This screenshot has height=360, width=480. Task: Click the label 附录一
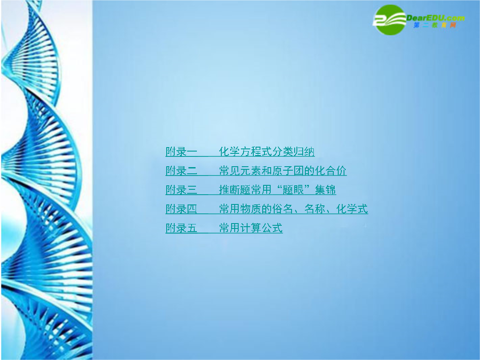[181, 152]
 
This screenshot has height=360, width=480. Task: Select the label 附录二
[181, 171]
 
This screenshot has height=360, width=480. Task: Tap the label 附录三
[181, 190]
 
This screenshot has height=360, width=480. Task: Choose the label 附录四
[181, 209]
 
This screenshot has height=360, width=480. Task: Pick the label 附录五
[181, 228]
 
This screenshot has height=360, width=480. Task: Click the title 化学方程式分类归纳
[267, 152]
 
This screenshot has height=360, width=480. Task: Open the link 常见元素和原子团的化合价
[283, 171]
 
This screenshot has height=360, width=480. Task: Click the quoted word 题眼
[293, 190]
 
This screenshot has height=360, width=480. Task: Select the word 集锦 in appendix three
[325, 190]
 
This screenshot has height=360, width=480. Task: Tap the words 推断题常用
[245, 190]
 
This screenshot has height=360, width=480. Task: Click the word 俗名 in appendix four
[283, 209]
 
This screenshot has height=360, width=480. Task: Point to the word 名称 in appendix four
[315, 209]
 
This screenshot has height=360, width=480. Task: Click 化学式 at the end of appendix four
[352, 209]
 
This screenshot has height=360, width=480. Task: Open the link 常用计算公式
[251, 228]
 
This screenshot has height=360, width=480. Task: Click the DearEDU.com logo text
[435, 18]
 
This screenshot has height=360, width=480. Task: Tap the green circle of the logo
[389, 20]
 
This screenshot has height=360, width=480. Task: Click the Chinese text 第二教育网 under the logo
[435, 25]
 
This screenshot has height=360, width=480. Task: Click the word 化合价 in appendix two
[331, 171]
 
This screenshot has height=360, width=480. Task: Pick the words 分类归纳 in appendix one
[293, 152]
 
